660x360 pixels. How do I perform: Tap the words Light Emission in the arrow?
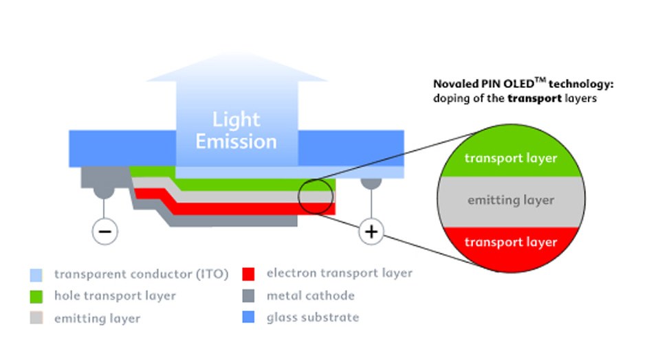point(236,131)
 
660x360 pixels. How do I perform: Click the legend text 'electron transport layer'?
point(339,273)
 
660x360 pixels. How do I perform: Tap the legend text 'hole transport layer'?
point(114,296)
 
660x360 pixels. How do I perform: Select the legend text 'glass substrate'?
point(312,317)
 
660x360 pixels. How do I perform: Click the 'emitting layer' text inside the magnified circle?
point(510,201)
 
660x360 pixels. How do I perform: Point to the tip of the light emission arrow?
point(236,57)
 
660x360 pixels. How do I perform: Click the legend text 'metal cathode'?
point(310,296)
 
